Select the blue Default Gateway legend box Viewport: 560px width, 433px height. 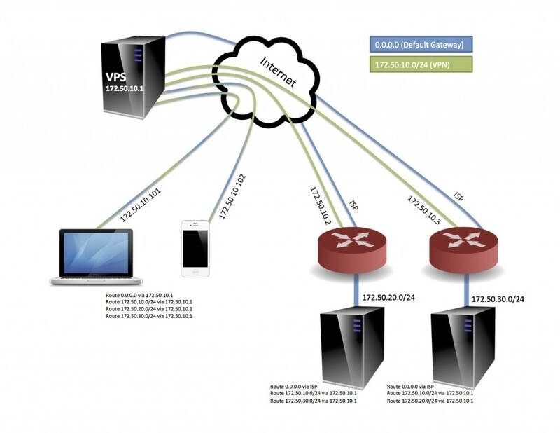419,44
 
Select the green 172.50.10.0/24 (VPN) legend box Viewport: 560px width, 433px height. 419,64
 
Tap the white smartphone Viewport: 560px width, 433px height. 195,248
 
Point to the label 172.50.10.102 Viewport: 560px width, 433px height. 233,197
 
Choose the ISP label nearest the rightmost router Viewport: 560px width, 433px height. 458,197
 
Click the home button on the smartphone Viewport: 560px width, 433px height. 195,271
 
